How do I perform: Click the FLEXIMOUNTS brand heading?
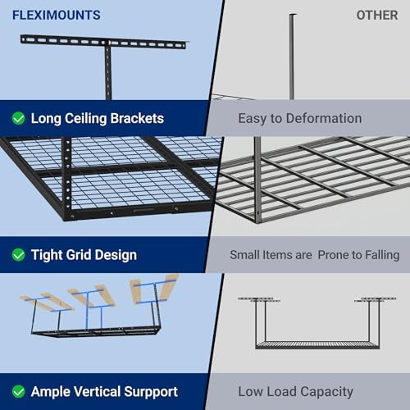[56, 15]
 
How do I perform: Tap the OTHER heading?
[377, 15]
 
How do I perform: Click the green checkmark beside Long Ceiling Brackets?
[18, 118]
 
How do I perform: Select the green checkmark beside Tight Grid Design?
[18, 255]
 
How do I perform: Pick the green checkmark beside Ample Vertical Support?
[18, 391]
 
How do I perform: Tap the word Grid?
[85, 255]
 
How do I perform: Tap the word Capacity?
[326, 391]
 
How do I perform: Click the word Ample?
[52, 391]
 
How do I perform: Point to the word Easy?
[253, 118]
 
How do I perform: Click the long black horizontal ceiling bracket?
[102, 42]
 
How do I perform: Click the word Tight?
[48, 255]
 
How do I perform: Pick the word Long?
[48, 118]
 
